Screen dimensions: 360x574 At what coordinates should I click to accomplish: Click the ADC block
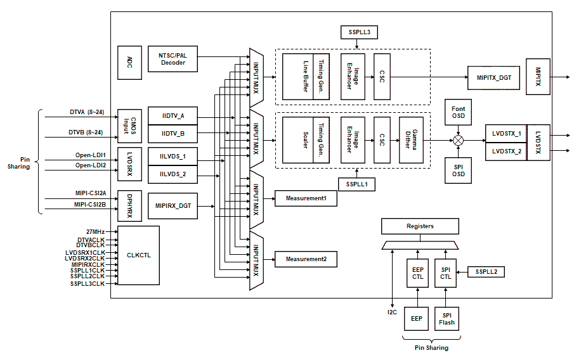[x=129, y=62]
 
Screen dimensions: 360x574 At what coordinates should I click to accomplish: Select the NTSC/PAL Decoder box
[x=173, y=59]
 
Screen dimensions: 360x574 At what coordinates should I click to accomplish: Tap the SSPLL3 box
[x=358, y=32]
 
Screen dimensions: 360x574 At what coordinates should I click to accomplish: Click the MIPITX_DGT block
[x=493, y=77]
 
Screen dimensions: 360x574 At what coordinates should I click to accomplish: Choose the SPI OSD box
[x=457, y=170]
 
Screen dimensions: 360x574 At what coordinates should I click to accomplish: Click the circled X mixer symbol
[x=457, y=140]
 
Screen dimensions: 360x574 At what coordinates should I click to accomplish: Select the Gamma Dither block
[x=410, y=140]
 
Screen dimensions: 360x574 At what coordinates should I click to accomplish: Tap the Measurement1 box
[x=306, y=198]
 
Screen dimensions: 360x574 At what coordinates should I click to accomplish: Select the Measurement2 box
[x=306, y=259]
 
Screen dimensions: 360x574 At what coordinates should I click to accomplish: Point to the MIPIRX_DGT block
[x=173, y=206]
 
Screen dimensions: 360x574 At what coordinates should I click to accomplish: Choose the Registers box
[x=420, y=226]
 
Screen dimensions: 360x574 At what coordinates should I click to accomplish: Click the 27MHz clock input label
[x=95, y=232]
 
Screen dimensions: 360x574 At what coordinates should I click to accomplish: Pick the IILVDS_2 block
[x=173, y=174]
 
